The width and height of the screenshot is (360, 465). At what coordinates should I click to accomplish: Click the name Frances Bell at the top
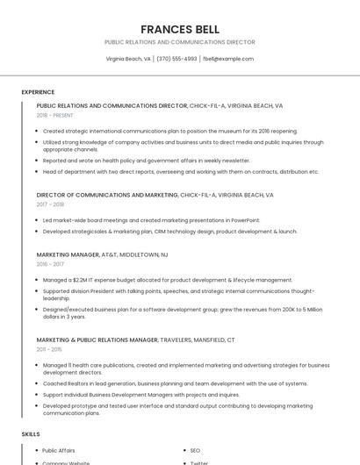click(x=180, y=29)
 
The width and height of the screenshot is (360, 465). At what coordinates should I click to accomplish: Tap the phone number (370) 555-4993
click(x=176, y=59)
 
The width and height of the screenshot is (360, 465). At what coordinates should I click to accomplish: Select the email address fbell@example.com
click(x=228, y=59)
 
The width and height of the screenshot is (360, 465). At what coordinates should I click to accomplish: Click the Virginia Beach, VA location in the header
click(x=128, y=59)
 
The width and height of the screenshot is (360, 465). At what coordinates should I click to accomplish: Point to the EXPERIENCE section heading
click(x=38, y=92)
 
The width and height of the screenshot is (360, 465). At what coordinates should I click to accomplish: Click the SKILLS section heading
click(x=31, y=434)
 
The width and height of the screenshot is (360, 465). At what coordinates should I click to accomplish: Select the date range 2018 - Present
click(x=55, y=115)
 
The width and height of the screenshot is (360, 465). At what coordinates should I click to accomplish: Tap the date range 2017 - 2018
click(x=50, y=204)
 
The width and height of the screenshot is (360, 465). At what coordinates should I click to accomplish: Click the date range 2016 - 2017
click(x=50, y=264)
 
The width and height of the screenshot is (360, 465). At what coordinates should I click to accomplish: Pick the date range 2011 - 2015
click(x=49, y=349)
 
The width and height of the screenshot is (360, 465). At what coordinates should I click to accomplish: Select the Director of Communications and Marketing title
click(x=107, y=195)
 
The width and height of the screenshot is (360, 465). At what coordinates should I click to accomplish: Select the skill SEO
click(x=195, y=450)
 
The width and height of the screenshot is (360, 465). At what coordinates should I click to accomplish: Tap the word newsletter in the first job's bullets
click(x=235, y=161)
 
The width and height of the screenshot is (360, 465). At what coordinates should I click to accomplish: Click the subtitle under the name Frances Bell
click(x=180, y=42)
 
